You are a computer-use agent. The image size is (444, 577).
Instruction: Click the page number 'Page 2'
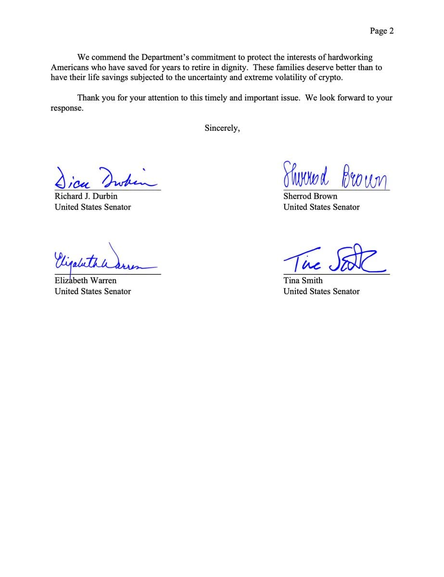click(382, 31)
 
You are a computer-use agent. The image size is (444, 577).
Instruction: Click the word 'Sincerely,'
click(222, 128)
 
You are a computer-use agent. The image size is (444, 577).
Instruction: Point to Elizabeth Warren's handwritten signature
click(103, 260)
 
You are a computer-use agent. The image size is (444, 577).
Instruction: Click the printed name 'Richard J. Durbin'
click(86, 196)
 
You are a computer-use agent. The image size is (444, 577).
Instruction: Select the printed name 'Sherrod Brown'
click(310, 196)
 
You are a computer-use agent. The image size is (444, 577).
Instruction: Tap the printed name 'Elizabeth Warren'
click(86, 280)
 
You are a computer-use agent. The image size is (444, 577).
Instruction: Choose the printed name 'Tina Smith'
click(303, 280)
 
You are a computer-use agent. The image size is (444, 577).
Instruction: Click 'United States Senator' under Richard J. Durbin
click(93, 207)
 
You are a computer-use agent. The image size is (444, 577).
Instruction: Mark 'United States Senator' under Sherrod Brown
click(321, 207)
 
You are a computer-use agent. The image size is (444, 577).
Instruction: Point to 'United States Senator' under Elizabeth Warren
click(93, 291)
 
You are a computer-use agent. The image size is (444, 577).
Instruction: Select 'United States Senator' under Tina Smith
click(321, 291)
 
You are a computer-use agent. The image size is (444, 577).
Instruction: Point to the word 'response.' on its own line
click(67, 108)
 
